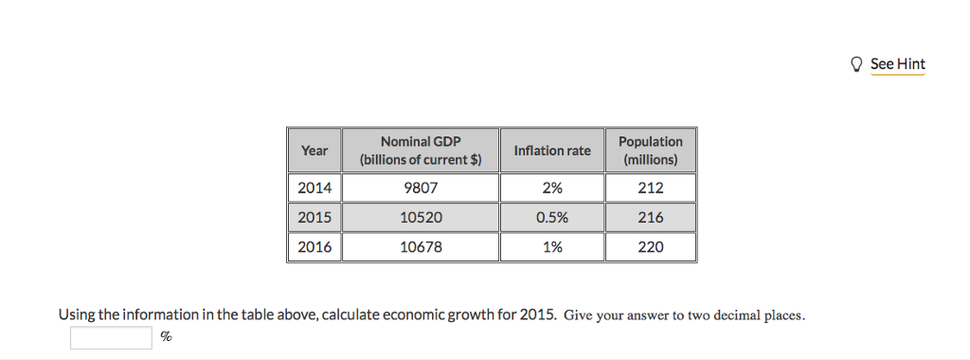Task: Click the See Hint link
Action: click(x=897, y=64)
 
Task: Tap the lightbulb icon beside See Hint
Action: click(x=857, y=64)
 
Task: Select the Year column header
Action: click(x=314, y=150)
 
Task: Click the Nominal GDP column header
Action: click(x=421, y=150)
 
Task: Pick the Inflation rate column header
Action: click(x=551, y=150)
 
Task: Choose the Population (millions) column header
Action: click(x=650, y=150)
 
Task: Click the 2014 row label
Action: click(x=314, y=188)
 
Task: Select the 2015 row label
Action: click(x=314, y=217)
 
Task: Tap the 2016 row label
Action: click(x=314, y=246)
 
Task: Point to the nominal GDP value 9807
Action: click(x=421, y=188)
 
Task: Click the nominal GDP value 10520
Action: click(x=421, y=217)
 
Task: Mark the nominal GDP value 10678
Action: click(x=421, y=246)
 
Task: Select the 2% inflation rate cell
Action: click(x=551, y=188)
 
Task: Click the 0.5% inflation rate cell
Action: click(x=551, y=217)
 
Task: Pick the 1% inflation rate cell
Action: click(x=551, y=246)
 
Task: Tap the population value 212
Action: click(x=650, y=188)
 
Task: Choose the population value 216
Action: click(x=650, y=217)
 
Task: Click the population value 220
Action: click(x=650, y=246)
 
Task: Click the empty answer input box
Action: click(x=110, y=337)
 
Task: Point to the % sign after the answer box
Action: click(x=166, y=337)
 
